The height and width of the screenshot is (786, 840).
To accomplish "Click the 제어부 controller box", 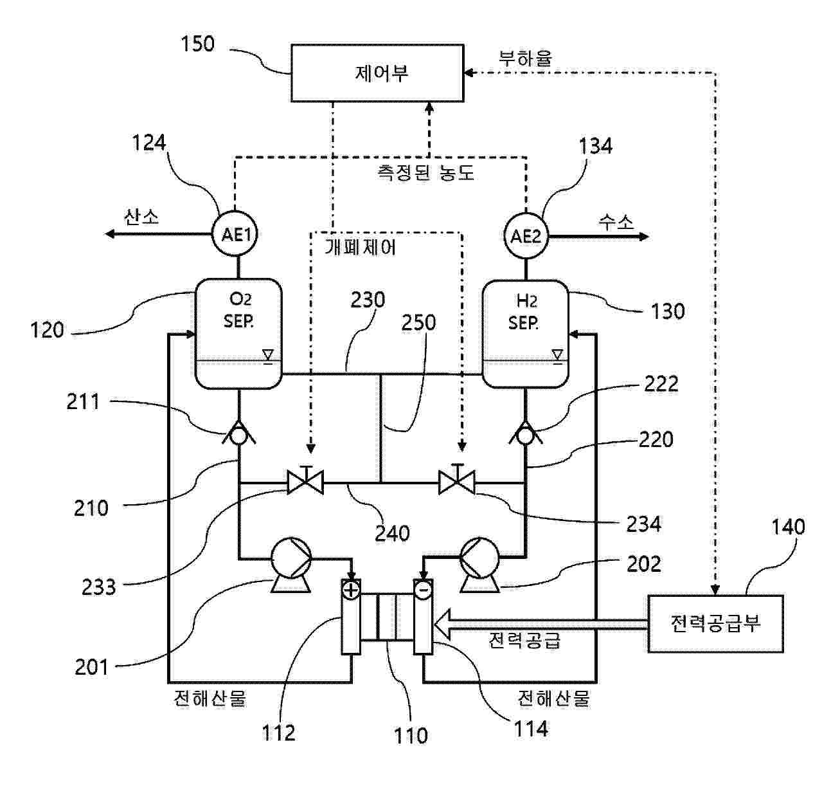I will [377, 73].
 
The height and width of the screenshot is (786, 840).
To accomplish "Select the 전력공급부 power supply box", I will [715, 623].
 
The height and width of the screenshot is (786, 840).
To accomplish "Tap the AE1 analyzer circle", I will [238, 235].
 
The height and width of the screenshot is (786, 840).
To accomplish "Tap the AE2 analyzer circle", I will [526, 236].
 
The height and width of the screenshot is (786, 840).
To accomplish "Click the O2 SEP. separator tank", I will [238, 333].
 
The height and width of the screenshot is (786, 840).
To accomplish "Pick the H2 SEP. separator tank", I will [525, 333].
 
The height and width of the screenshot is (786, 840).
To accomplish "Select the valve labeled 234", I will [457, 481].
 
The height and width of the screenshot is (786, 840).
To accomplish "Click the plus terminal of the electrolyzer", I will [351, 589].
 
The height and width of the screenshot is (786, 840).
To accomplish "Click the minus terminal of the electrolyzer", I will [423, 589].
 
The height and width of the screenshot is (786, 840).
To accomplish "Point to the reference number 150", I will [197, 44].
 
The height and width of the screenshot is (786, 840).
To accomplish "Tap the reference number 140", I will [787, 527].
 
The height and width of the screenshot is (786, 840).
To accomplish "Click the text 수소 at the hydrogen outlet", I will [616, 222].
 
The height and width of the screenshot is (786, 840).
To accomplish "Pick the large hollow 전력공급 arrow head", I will [443, 623].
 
